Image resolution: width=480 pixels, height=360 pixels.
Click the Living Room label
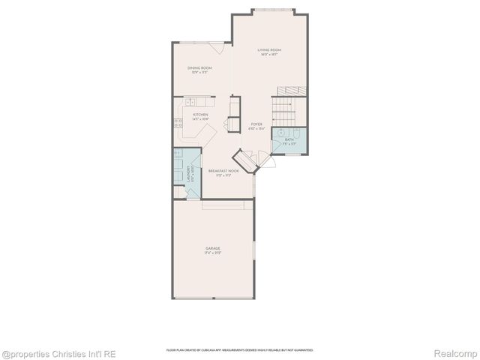[x=269, y=50]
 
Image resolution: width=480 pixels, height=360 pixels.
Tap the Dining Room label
[x=199, y=68]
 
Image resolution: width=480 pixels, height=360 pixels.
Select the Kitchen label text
[x=190, y=115]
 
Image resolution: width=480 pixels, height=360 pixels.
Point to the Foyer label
[x=256, y=125]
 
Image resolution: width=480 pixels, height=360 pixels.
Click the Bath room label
[x=289, y=139]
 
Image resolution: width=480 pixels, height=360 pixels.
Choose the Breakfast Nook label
[x=223, y=171]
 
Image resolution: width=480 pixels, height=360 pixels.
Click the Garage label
[x=214, y=247]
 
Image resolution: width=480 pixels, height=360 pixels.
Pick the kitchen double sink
[x=190, y=101]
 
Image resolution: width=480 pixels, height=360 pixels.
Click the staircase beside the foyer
[x=285, y=109]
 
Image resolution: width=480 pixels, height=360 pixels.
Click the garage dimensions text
[x=214, y=253]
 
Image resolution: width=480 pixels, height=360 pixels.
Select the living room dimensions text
[x=269, y=55]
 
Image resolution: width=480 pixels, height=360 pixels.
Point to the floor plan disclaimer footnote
[x=239, y=350]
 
